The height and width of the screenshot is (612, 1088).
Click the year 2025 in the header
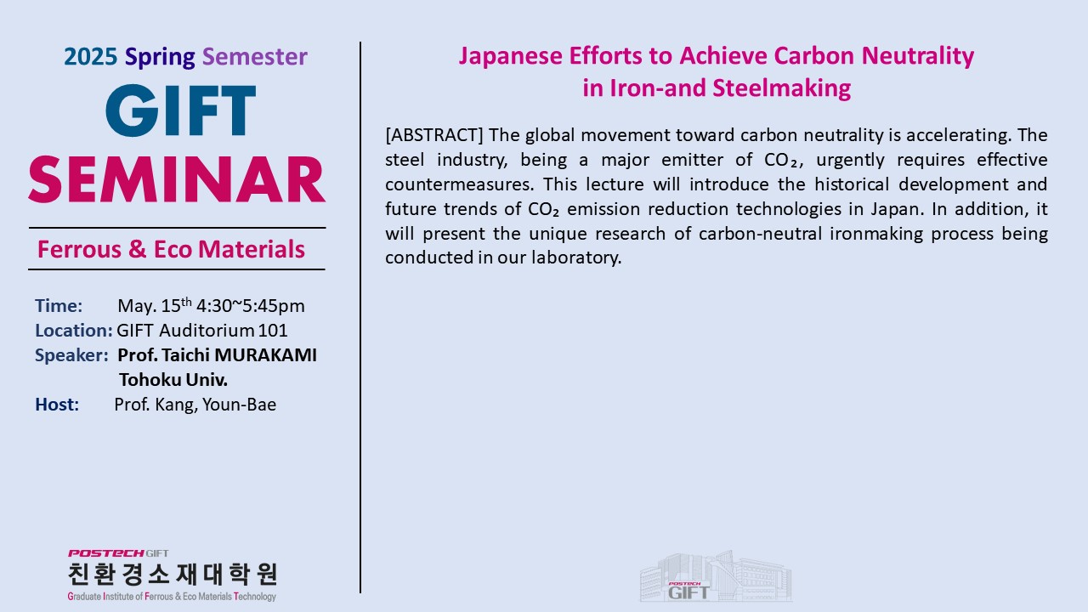pos(90,57)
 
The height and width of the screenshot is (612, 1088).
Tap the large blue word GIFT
pos(181,110)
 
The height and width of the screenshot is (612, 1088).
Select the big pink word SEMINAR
pos(177,179)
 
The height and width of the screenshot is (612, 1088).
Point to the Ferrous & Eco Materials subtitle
pos(171,249)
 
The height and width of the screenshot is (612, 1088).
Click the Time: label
pos(59,306)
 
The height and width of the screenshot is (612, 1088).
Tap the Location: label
pos(74,331)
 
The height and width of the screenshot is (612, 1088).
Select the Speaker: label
pos(71,356)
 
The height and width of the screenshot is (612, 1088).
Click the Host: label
pos(57,405)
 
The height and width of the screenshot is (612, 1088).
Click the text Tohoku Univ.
pos(173,380)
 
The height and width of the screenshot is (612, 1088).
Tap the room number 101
pos(273,331)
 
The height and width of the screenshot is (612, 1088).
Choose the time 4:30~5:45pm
pos(251,306)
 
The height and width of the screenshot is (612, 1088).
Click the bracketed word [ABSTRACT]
pos(434,135)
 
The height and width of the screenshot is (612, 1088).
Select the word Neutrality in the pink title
pos(917,56)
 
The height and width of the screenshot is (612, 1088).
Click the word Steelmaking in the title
pos(781,88)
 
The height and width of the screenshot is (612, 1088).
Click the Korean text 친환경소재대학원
pos(173,575)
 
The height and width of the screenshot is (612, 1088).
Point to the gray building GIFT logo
pos(716,576)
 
